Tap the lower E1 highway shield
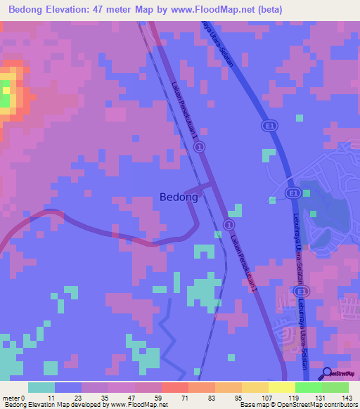tap(292, 193)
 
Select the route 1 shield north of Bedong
tap(200, 147)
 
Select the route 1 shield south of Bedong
tap(228, 223)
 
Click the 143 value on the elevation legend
tap(347, 398)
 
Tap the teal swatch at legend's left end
tap(41, 387)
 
